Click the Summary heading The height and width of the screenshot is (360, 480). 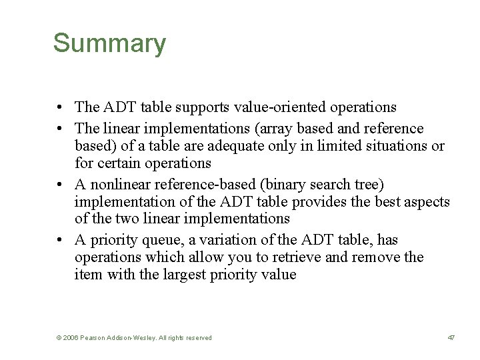(x=109, y=43)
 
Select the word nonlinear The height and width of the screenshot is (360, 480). (x=117, y=183)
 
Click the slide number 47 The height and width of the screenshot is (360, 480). (x=451, y=338)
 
